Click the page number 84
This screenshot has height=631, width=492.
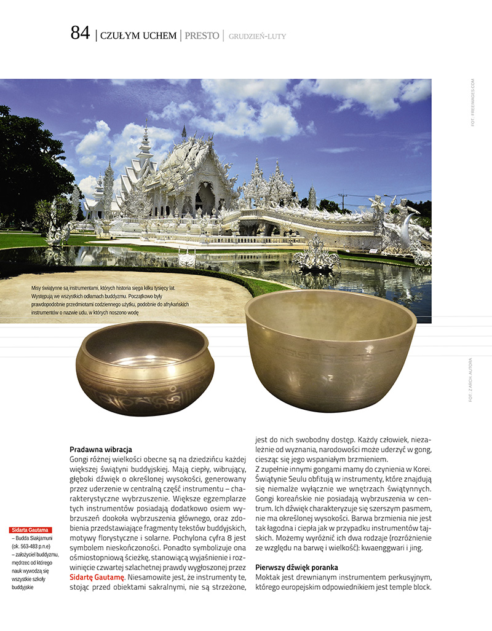coord(80,34)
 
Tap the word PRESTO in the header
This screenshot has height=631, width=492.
coord(202,36)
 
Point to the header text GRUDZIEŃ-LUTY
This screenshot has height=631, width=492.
coord(257,36)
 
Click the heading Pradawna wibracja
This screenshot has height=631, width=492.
coord(101,450)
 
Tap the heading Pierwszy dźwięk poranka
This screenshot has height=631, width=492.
coord(296,566)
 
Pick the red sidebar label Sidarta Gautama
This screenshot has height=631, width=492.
coord(31,530)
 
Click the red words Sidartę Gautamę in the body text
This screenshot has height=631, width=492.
coord(97,578)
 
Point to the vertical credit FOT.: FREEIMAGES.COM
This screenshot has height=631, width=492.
coord(472,102)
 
